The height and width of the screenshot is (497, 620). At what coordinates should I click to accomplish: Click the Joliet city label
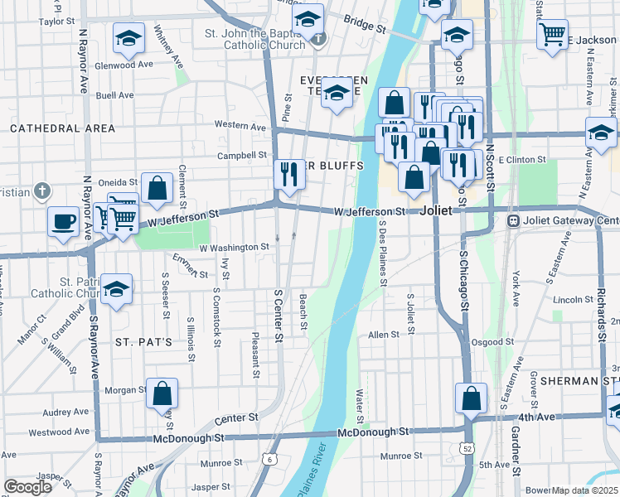436,210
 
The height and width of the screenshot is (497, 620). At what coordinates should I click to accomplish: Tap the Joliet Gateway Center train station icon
513,221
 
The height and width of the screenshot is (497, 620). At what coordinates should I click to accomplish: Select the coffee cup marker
63,222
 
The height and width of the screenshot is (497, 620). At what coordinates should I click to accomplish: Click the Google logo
27,487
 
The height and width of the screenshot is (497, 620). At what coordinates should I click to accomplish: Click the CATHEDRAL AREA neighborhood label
62,128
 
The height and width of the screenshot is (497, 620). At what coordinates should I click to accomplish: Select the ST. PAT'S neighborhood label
143,341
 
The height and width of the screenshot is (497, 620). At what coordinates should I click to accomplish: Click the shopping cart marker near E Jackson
552,35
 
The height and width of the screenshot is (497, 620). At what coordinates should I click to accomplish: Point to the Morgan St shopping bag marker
162,393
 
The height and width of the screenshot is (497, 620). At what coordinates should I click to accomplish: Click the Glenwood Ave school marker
128,40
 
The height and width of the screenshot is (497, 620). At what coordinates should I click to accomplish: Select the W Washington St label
234,247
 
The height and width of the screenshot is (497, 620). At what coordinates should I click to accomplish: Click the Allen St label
384,335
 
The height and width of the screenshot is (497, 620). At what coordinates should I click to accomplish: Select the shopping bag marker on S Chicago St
471,398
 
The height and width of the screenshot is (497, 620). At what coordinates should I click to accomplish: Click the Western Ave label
240,126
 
